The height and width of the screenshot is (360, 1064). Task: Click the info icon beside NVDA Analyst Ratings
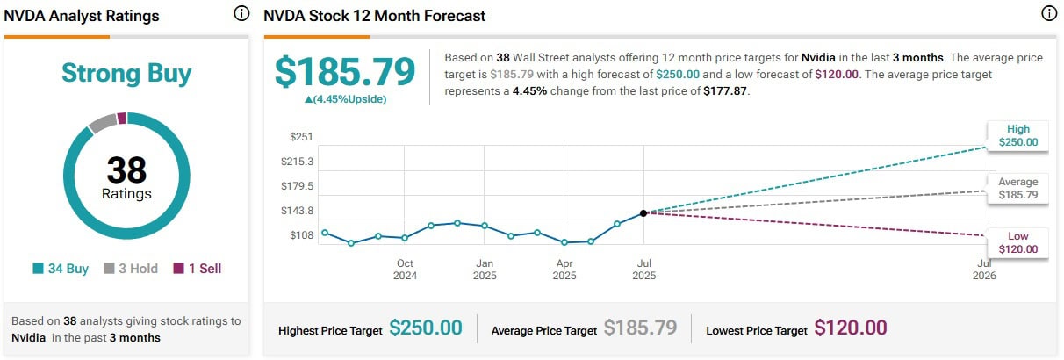coord(241,14)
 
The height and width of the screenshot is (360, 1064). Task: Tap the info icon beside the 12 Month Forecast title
coord(1049,14)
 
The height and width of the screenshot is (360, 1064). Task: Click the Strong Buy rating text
coord(126,74)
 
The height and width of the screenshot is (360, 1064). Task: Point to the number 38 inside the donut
coord(126,169)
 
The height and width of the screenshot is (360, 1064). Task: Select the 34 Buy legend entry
coord(61,269)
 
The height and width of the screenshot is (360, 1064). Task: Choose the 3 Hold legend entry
coord(131,269)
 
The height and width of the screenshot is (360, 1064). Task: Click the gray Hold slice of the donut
coord(101,122)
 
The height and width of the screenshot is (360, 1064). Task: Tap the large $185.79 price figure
coord(345,72)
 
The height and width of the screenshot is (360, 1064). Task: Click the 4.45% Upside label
coord(345,99)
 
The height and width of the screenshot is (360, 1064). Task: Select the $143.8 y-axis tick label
coord(296,211)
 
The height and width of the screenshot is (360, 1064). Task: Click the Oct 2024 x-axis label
coord(405,269)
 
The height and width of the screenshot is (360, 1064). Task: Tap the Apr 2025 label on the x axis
coord(564,269)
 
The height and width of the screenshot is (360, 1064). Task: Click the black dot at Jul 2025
coord(643,213)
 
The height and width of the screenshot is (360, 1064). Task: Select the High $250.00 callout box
coord(1017,135)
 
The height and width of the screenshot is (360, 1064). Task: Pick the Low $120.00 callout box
coord(1017,242)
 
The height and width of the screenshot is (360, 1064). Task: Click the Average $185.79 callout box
coord(1017,188)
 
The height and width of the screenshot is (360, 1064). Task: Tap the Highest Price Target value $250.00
coord(426,328)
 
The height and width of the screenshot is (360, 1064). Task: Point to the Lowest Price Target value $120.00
coord(851,328)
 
